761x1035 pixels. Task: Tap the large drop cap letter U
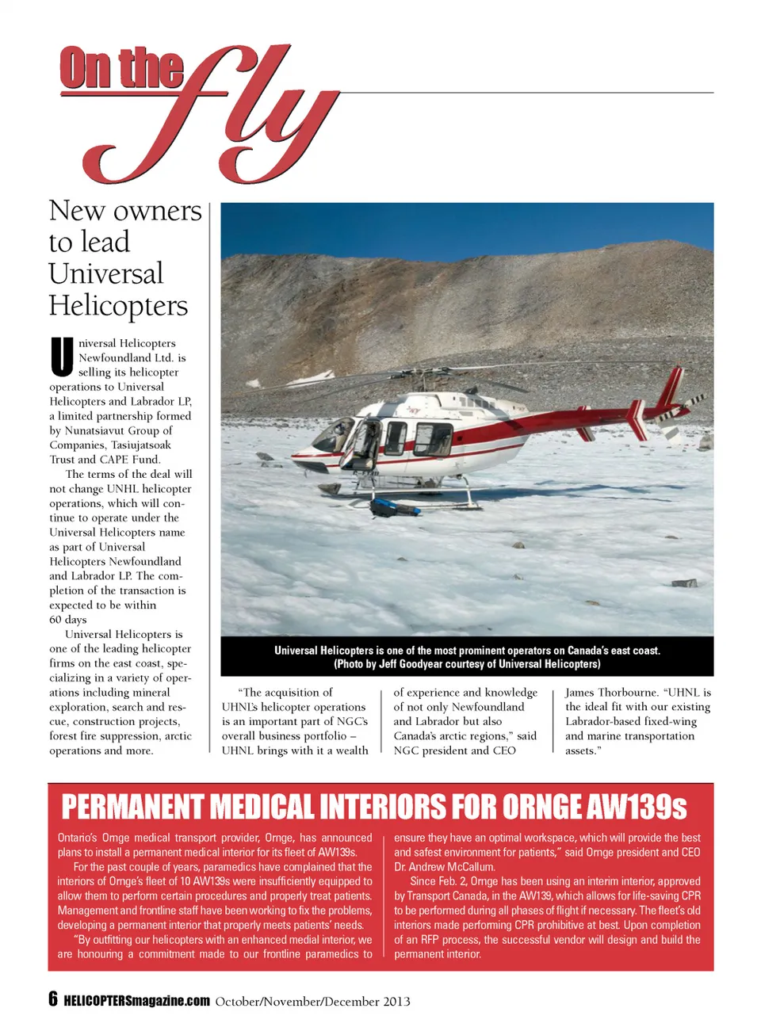click(x=63, y=357)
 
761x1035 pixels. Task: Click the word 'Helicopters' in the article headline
click(x=118, y=306)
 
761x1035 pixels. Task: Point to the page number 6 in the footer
click(x=53, y=999)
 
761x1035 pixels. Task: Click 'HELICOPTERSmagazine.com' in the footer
click(x=136, y=1001)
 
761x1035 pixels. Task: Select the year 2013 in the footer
click(x=396, y=1001)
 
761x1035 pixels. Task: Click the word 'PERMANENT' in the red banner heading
click(x=132, y=808)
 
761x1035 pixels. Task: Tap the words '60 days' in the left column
click(x=68, y=620)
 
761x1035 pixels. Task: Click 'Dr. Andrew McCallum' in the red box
click(x=444, y=867)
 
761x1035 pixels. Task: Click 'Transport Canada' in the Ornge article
click(x=447, y=896)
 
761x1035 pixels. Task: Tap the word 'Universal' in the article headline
click(x=106, y=274)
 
